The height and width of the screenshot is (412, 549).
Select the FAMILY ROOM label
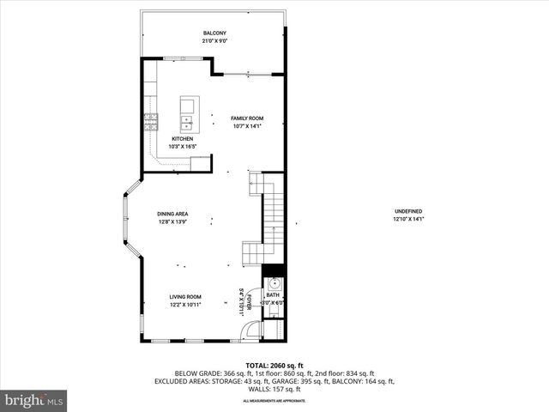point(247,118)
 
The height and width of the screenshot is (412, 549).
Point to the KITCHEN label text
point(182,138)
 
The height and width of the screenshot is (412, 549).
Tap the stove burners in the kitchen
point(151,121)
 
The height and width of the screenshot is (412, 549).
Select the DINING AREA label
point(172,214)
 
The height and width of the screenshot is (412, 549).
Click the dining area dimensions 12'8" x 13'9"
point(172,222)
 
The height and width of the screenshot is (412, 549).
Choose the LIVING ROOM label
point(184,297)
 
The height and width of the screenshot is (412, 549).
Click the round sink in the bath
point(274,282)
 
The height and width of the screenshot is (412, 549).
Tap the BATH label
point(273,295)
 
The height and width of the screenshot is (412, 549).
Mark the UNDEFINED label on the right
point(408,211)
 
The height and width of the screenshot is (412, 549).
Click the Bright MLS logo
point(33,400)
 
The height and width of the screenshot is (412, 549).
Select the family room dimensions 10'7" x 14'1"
point(247,126)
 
